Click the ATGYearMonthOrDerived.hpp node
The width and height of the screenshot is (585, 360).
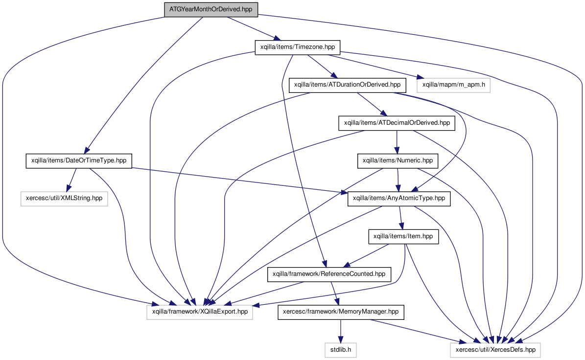pyautogui.click(x=211, y=9)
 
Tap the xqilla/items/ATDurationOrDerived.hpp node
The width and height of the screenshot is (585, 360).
pyautogui.click(x=347, y=85)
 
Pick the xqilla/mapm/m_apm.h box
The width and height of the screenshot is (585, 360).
pyautogui.click(x=453, y=85)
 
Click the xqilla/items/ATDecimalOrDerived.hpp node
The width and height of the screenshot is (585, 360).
pyautogui.click(x=397, y=123)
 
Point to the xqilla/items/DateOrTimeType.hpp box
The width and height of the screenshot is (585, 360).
pyautogui.click(x=79, y=161)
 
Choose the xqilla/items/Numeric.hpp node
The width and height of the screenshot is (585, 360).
pyautogui.click(x=398, y=161)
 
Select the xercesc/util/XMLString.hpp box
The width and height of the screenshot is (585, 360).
pyautogui.click(x=64, y=199)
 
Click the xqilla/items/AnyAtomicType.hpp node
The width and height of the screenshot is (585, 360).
pyautogui.click(x=399, y=199)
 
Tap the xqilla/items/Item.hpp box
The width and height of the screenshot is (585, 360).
pyautogui.click(x=403, y=237)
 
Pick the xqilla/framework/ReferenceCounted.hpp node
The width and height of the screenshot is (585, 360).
pyautogui.click(x=329, y=274)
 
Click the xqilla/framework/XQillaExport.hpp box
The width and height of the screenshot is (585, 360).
pyautogui.click(x=200, y=312)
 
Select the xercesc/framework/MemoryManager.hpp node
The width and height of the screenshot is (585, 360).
pyautogui.click(x=341, y=312)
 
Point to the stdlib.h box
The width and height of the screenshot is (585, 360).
pyautogui.click(x=341, y=350)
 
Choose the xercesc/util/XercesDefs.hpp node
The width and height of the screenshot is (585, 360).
pyautogui.click(x=495, y=350)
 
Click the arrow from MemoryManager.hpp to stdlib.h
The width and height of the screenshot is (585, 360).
pyautogui.click(x=341, y=331)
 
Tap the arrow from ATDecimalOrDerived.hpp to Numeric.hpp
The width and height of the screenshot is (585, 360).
pyautogui.click(x=397, y=142)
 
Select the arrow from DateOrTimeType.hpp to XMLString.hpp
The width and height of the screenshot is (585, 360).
pyautogui.click(x=71, y=180)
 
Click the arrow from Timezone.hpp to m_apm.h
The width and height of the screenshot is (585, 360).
pyautogui.click(x=375, y=67)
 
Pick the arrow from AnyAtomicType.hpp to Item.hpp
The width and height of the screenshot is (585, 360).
pyautogui.click(x=401, y=218)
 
